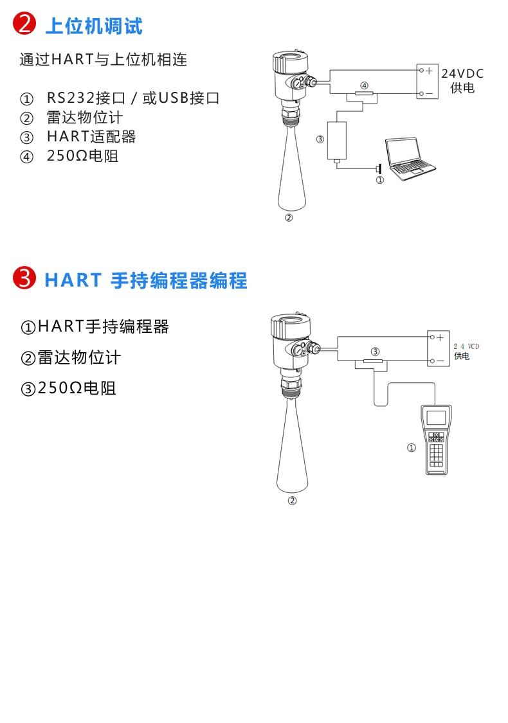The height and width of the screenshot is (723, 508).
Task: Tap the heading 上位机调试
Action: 94,26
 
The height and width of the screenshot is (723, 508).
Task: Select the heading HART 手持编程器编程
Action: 146,280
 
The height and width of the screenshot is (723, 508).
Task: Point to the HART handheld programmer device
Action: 436,440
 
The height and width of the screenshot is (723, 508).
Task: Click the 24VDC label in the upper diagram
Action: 462,73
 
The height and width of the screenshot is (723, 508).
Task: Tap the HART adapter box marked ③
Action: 337,140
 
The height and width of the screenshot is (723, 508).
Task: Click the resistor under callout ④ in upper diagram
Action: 364,94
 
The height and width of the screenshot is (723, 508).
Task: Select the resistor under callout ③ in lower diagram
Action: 373,361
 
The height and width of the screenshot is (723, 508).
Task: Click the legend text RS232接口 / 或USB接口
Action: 133,98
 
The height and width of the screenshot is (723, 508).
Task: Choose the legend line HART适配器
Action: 91,136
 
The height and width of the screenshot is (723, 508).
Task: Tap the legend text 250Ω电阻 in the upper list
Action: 82,156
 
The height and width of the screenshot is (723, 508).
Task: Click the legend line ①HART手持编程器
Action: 95,326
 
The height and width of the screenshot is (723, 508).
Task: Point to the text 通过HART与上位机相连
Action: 104,60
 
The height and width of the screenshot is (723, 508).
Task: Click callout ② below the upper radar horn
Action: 289,218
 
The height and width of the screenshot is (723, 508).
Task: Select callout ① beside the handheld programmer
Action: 411,447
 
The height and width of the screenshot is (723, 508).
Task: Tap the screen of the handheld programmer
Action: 436,418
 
